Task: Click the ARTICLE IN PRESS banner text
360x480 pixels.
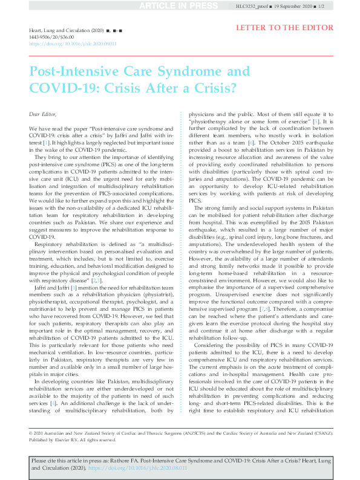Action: point(179,6)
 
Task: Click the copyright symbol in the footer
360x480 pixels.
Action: point(31,433)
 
